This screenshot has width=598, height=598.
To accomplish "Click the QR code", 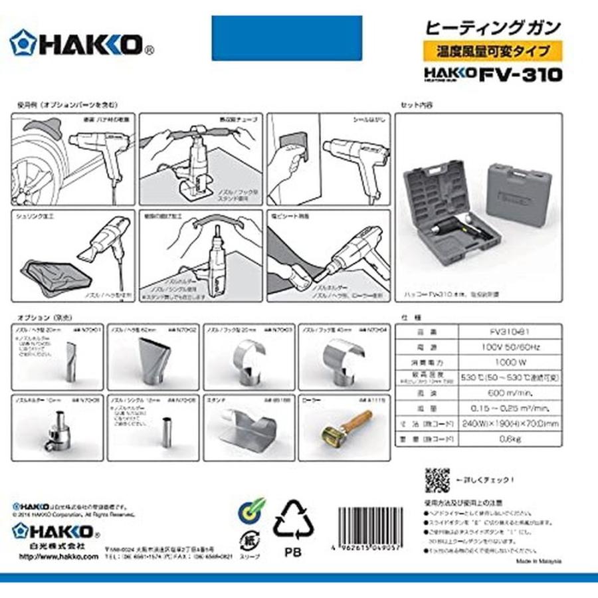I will click(437, 478).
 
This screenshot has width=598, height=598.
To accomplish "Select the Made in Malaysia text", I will click(538, 561).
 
